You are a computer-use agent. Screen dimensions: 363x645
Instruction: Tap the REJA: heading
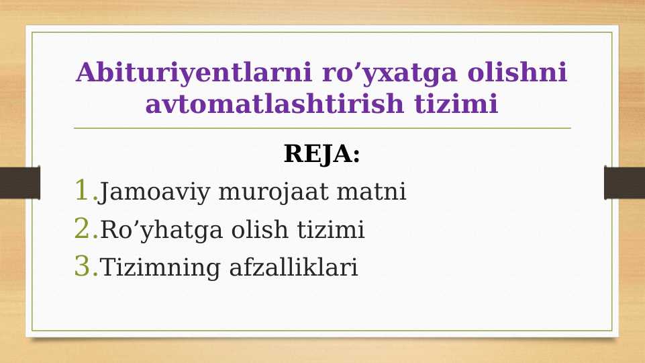(322, 155)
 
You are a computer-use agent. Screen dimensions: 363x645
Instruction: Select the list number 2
(85, 229)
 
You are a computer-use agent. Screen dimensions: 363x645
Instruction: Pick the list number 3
(85, 267)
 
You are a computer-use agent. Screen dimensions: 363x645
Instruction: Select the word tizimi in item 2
(327, 231)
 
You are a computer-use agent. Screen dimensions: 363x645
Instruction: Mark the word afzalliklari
(294, 268)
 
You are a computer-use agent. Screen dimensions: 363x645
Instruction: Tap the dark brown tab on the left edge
(19, 182)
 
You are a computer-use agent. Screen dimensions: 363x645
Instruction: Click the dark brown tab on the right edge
(624, 182)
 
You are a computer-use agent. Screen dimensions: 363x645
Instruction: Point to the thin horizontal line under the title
(322, 128)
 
